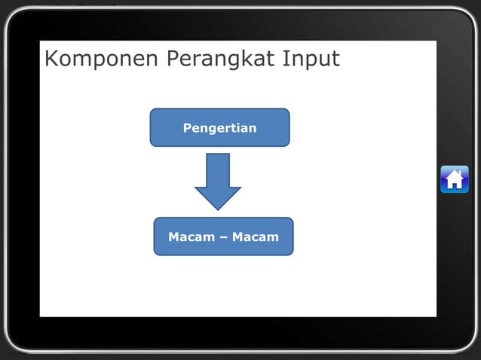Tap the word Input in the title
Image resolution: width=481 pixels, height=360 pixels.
click(x=311, y=59)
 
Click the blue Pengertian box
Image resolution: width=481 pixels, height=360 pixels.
click(x=219, y=127)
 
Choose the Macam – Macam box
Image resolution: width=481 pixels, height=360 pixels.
click(x=223, y=236)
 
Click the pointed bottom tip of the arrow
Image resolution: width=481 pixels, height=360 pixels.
click(x=218, y=209)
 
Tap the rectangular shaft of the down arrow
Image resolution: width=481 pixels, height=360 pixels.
click(x=218, y=169)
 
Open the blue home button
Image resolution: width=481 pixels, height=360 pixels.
click(x=454, y=179)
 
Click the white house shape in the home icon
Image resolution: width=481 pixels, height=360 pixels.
click(x=454, y=179)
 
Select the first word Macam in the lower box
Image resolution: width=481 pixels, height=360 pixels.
click(x=191, y=237)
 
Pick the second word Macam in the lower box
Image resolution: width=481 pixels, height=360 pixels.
click(x=256, y=237)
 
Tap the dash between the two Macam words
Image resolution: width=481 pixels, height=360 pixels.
click(x=223, y=237)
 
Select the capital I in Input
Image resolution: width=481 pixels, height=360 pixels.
click(x=285, y=59)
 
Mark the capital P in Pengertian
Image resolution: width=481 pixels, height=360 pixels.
click(x=187, y=128)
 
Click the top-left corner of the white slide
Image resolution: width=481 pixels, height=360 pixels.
click(x=41, y=41)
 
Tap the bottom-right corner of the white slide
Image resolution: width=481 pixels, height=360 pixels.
click(x=435, y=316)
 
